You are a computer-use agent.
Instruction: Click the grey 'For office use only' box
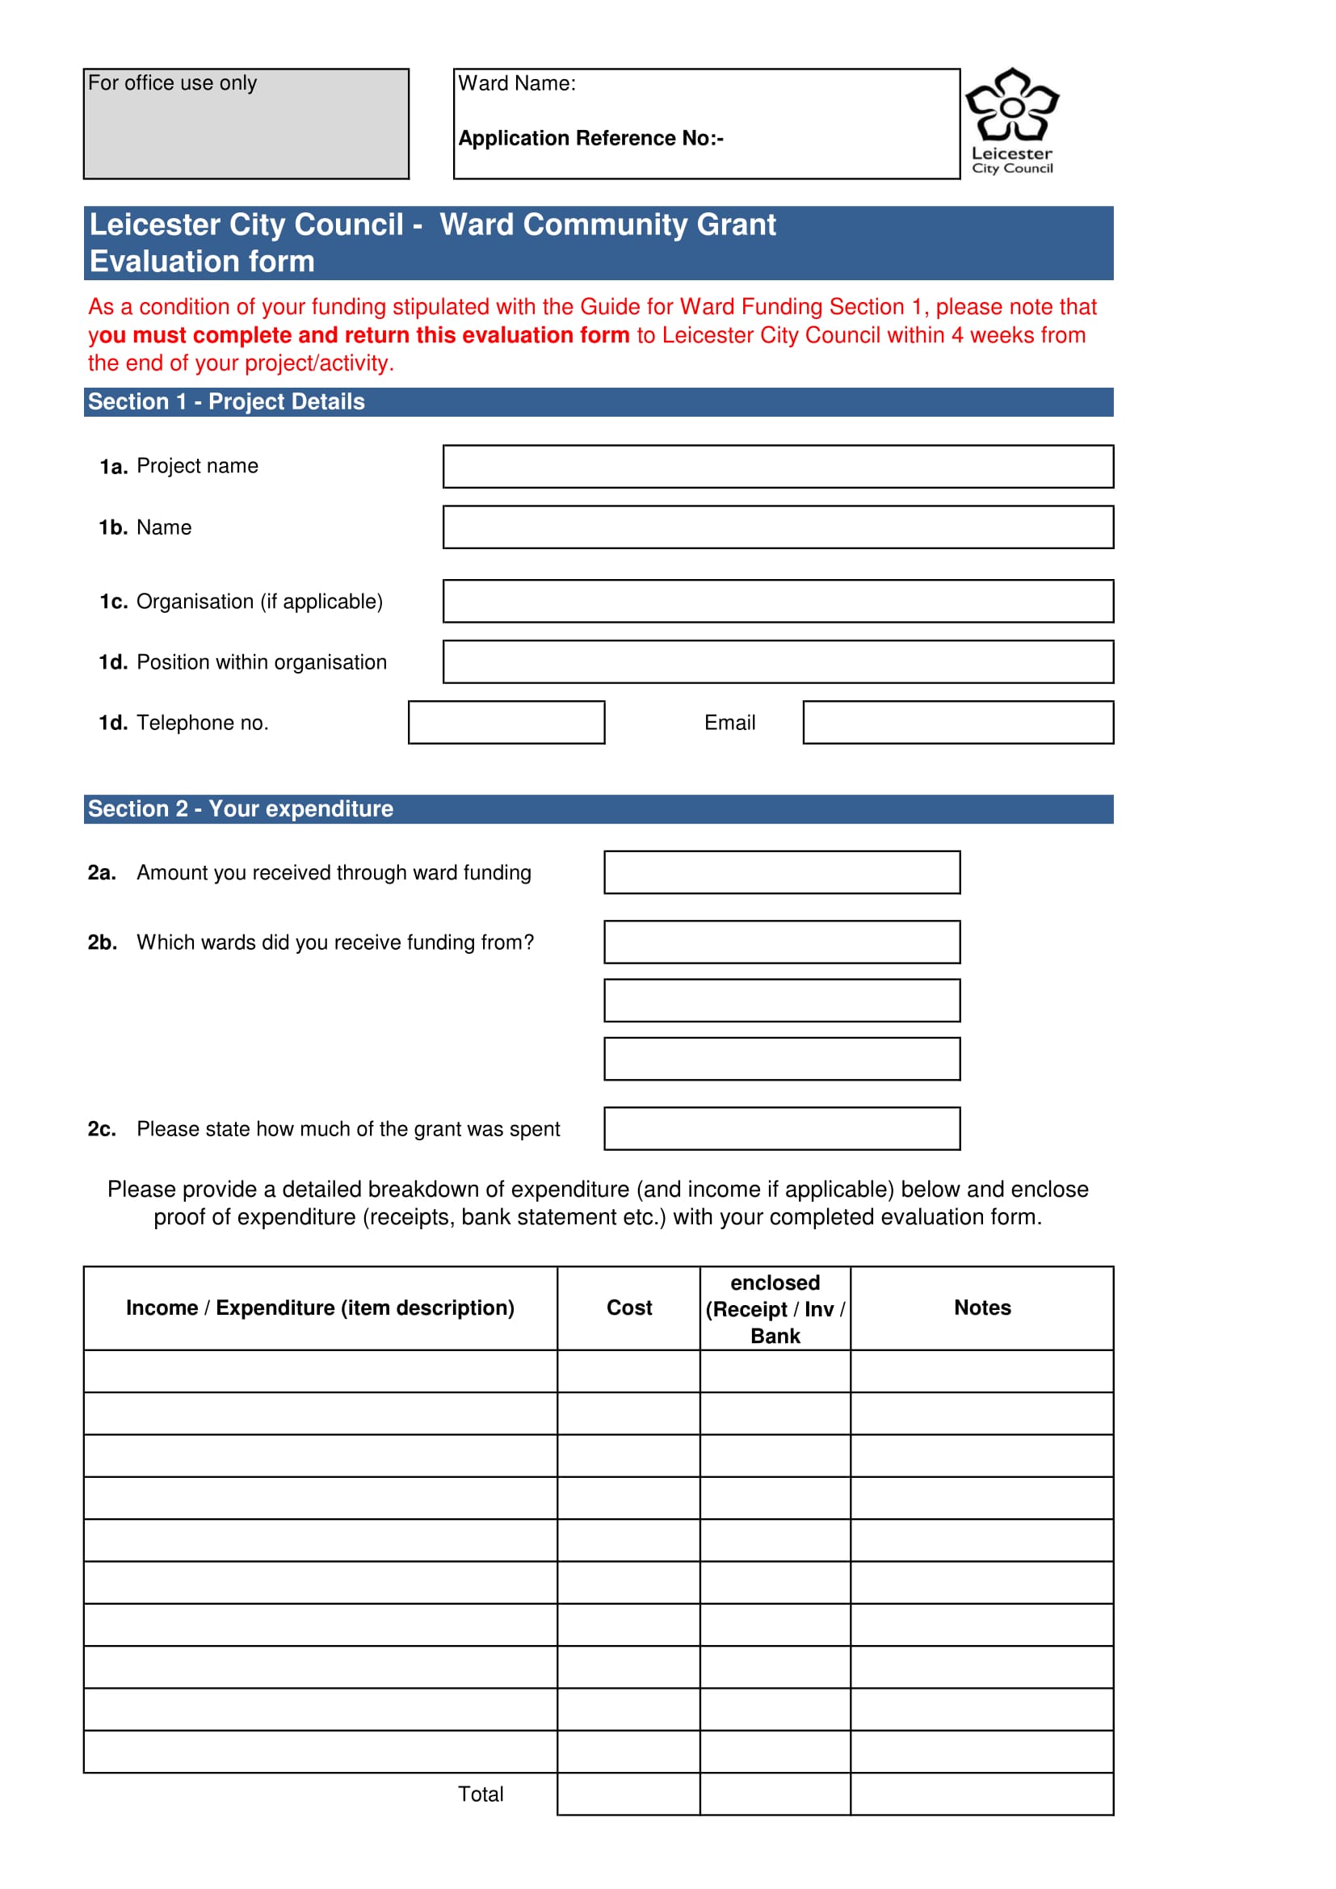246,124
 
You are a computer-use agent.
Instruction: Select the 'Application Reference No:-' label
590,138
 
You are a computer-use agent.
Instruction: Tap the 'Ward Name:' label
517,83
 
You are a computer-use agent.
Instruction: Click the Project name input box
777,467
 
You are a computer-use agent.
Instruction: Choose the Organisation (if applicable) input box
777,602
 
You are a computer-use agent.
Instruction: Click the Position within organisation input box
777,661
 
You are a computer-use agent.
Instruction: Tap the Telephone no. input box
506,722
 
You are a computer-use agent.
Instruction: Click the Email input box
958,722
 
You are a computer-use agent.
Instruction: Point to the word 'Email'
729,722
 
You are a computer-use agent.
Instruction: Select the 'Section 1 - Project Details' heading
226,401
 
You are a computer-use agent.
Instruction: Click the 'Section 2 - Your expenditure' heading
240,808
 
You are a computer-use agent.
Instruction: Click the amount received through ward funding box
782,872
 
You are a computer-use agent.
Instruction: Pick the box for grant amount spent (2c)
782,1128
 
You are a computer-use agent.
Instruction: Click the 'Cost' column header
628,1308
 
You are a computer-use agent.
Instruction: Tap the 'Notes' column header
981,1308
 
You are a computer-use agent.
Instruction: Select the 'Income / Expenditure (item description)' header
320,1308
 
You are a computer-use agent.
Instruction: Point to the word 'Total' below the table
481,1794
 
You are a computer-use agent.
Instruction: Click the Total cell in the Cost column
628,1794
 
